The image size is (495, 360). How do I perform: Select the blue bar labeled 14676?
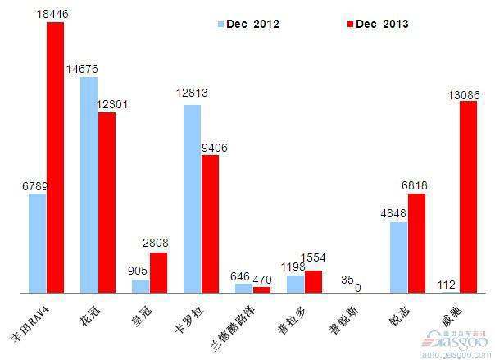pyautogui.click(x=89, y=185)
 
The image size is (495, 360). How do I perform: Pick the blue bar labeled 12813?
pyautogui.click(x=192, y=198)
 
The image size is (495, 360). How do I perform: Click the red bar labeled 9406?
pyautogui.click(x=211, y=223)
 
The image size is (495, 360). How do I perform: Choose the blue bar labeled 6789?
pyautogui.click(x=38, y=243)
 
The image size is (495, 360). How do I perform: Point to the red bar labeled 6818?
pyautogui.click(x=416, y=243)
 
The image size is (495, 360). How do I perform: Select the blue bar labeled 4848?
pyautogui.click(x=398, y=257)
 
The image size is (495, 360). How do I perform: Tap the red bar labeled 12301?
pyautogui.click(x=107, y=202)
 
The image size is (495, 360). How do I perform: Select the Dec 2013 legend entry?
pyautogui.click(x=373, y=25)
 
